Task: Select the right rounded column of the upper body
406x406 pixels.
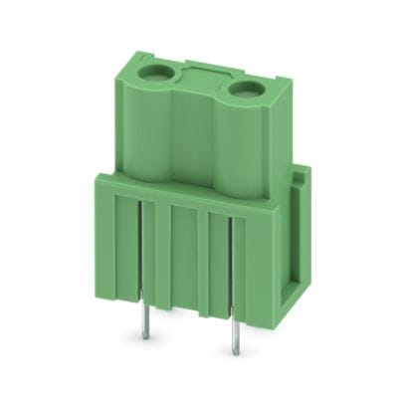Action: click(239, 149)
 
